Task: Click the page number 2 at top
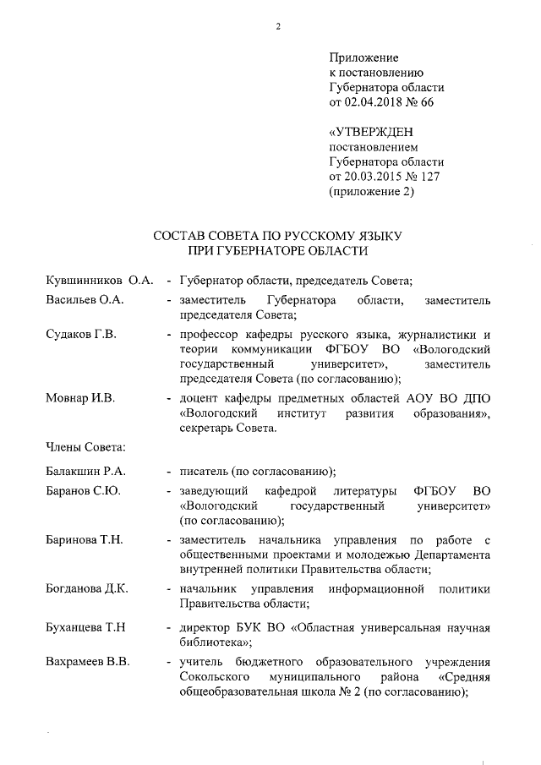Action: point(277,25)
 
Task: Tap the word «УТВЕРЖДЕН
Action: point(371,133)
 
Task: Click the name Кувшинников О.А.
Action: point(98,280)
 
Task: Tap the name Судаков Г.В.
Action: point(81,335)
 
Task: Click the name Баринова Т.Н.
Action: point(85,540)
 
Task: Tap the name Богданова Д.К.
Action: point(87,588)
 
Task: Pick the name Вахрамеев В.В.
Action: point(87,663)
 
